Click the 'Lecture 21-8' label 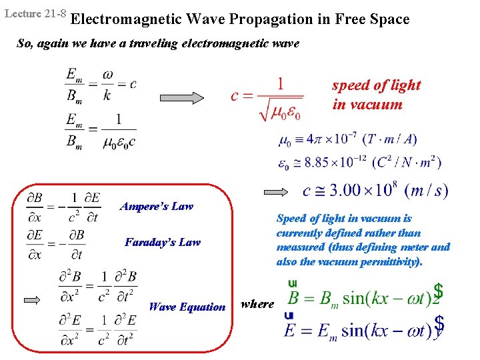point(33,13)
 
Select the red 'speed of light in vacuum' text point(376,95)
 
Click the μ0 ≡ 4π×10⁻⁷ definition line point(347,140)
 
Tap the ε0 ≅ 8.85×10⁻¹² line point(359,162)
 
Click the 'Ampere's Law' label point(157,206)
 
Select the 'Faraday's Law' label point(162,242)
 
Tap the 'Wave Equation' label point(187,307)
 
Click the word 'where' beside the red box point(257,304)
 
